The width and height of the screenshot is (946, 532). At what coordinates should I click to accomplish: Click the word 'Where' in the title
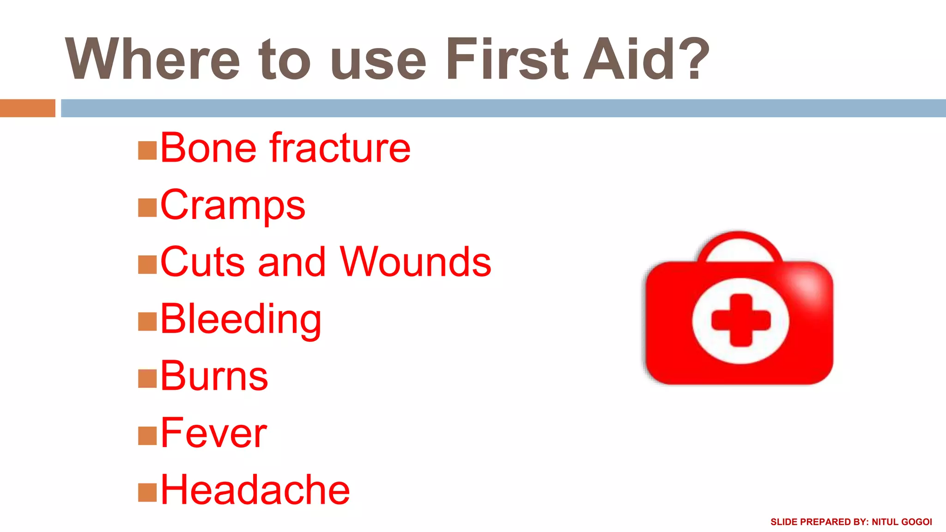[x=152, y=59]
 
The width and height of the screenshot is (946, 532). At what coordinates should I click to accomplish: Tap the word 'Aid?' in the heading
[x=646, y=59]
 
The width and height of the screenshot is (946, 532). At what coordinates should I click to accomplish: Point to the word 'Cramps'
[x=232, y=206]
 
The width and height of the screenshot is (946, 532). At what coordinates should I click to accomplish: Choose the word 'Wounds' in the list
[x=415, y=262]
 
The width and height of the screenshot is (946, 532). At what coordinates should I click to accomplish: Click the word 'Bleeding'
[x=241, y=319]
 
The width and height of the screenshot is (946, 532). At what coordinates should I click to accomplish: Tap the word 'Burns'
[x=214, y=376]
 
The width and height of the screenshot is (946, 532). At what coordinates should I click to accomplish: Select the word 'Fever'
[x=213, y=433]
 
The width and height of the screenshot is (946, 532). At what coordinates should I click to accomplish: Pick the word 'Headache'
[x=255, y=490]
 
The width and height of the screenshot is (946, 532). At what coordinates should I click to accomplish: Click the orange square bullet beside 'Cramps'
[x=147, y=208]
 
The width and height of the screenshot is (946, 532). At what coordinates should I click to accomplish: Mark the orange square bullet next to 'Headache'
[x=147, y=492]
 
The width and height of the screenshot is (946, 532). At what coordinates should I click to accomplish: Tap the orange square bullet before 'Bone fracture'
[x=147, y=151]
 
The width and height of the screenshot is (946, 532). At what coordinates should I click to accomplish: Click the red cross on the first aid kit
[x=741, y=320]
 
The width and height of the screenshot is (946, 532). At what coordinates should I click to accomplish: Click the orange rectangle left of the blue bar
[x=27, y=108]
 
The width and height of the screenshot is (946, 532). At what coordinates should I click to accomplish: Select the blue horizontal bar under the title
[x=503, y=108]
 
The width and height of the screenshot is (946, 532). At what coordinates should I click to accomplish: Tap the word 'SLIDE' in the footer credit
[x=784, y=522]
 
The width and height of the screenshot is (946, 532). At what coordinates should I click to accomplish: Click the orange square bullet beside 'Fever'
[x=147, y=435]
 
